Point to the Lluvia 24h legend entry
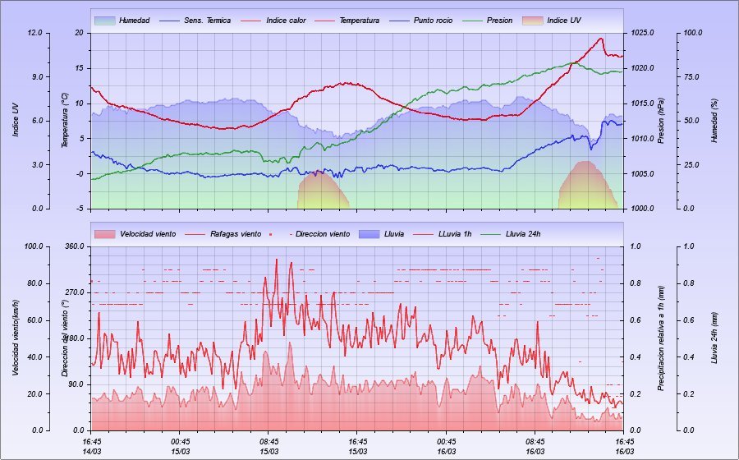[523, 234]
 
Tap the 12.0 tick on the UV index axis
[34, 33]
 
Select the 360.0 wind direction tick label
[73, 246]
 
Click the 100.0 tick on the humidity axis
[693, 33]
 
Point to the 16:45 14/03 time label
[92, 445]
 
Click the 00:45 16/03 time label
[447, 445]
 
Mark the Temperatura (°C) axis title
[64, 121]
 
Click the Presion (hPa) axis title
[661, 121]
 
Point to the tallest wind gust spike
[276, 260]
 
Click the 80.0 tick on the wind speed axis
[34, 283]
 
